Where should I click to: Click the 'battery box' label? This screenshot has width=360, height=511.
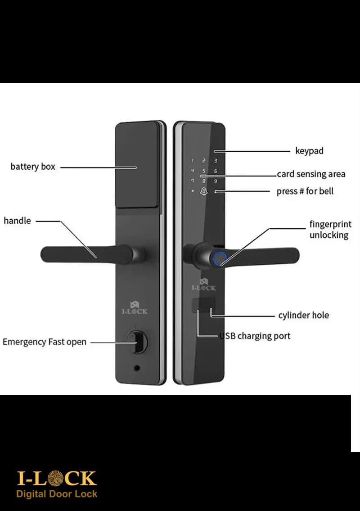point(33,167)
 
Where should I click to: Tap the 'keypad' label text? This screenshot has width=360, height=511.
point(309,151)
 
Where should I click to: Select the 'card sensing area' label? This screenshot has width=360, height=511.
point(311,174)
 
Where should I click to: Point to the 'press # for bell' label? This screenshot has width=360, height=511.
point(305,191)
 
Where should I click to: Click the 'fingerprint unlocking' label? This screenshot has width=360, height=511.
point(330,230)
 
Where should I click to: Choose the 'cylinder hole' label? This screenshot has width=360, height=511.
point(304,315)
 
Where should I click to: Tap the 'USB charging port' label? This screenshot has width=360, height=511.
point(255,336)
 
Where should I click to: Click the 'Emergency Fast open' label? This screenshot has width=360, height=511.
point(45,342)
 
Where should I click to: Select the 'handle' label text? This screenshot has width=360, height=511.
point(17,221)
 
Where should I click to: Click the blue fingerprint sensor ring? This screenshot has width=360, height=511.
point(220,258)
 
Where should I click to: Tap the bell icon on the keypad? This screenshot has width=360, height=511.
point(203,191)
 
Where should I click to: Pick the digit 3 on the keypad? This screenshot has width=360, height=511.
point(216,161)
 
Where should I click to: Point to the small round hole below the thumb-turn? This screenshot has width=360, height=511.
point(137,368)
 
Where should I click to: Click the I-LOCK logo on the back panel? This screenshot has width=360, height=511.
point(135,308)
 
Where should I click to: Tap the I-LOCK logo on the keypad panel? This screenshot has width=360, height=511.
point(203,285)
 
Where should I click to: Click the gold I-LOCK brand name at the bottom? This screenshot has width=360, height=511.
point(57,479)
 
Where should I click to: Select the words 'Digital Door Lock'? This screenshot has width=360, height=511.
point(57,494)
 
